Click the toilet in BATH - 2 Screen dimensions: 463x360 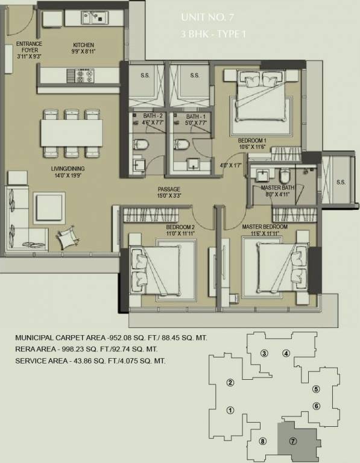(140, 144)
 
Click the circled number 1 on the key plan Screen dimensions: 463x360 (230, 411)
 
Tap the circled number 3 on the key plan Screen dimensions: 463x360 (264, 353)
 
